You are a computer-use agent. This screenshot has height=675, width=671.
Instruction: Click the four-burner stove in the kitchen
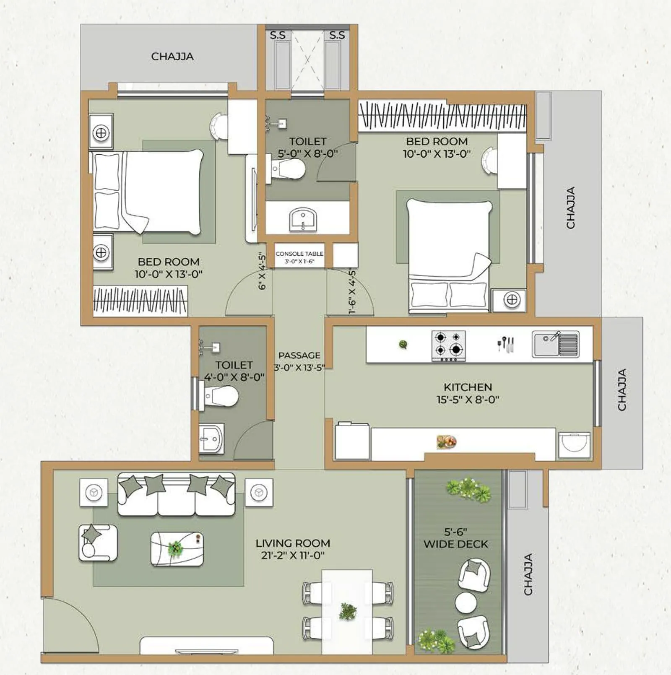click(448, 345)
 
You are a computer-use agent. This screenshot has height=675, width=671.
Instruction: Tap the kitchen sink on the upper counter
click(555, 344)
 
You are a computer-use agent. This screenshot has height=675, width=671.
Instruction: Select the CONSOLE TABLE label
click(299, 254)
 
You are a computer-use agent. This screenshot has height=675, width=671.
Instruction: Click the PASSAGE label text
click(299, 356)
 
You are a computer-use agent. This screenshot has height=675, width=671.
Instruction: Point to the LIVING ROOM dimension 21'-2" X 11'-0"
click(293, 556)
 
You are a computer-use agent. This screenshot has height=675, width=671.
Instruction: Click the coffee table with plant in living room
click(177, 548)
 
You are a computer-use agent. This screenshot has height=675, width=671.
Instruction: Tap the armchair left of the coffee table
click(98, 543)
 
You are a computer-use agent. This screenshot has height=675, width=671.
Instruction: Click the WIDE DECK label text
click(455, 544)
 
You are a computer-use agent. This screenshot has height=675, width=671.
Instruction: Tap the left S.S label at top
click(278, 35)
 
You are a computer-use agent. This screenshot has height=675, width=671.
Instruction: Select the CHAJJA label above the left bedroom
click(172, 57)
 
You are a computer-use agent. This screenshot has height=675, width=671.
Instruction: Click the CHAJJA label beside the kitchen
click(622, 389)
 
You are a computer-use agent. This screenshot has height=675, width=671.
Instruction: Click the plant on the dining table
click(348, 612)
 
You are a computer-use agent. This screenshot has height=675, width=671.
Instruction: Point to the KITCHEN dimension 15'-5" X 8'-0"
click(468, 400)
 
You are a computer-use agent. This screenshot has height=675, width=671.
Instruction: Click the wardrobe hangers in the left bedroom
click(140, 300)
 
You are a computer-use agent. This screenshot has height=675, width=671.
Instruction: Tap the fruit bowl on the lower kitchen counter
click(446, 441)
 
